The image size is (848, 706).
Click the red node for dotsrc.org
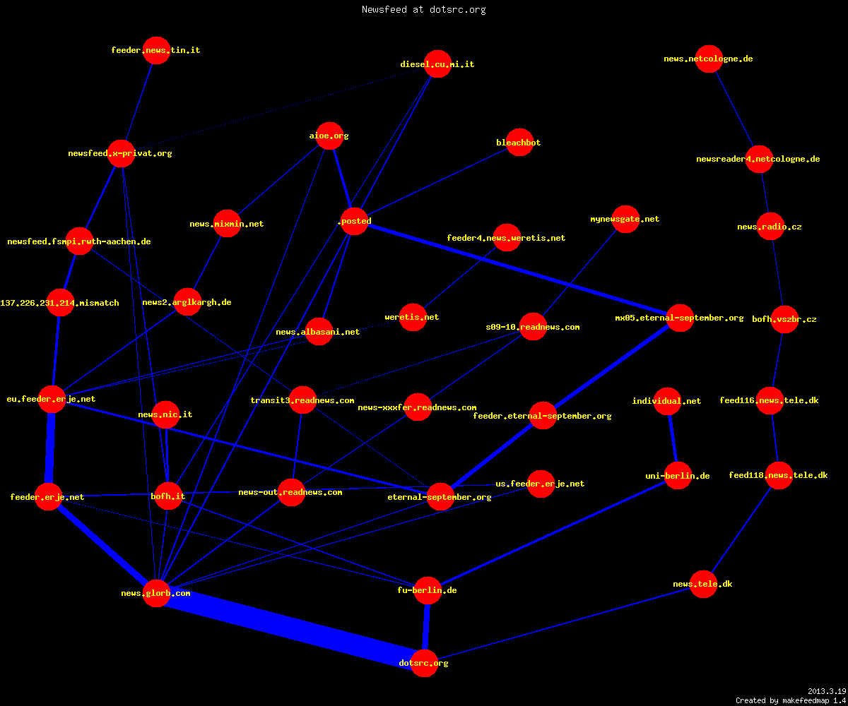[424, 663]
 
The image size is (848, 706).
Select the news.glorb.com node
[156, 593]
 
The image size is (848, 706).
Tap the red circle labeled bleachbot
[519, 143]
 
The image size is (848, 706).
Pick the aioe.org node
[329, 136]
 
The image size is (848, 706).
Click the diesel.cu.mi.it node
[437, 64]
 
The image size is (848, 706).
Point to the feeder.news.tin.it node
[156, 50]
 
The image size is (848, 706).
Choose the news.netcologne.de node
[709, 59]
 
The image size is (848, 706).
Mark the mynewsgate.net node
[625, 219]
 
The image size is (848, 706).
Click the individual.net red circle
[667, 401]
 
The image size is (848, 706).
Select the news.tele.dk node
[703, 584]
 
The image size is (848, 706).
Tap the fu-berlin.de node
[428, 590]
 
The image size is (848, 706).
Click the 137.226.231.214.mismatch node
[60, 303]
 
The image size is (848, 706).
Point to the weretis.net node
[413, 317]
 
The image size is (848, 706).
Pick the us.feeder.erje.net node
[541, 484]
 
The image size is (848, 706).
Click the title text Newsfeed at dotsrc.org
[423, 9]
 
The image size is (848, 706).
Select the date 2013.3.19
[827, 691]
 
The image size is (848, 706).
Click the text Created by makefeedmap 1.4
[791, 700]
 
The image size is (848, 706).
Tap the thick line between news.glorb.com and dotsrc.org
[290, 628]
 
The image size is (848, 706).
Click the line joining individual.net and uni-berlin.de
[673, 438]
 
